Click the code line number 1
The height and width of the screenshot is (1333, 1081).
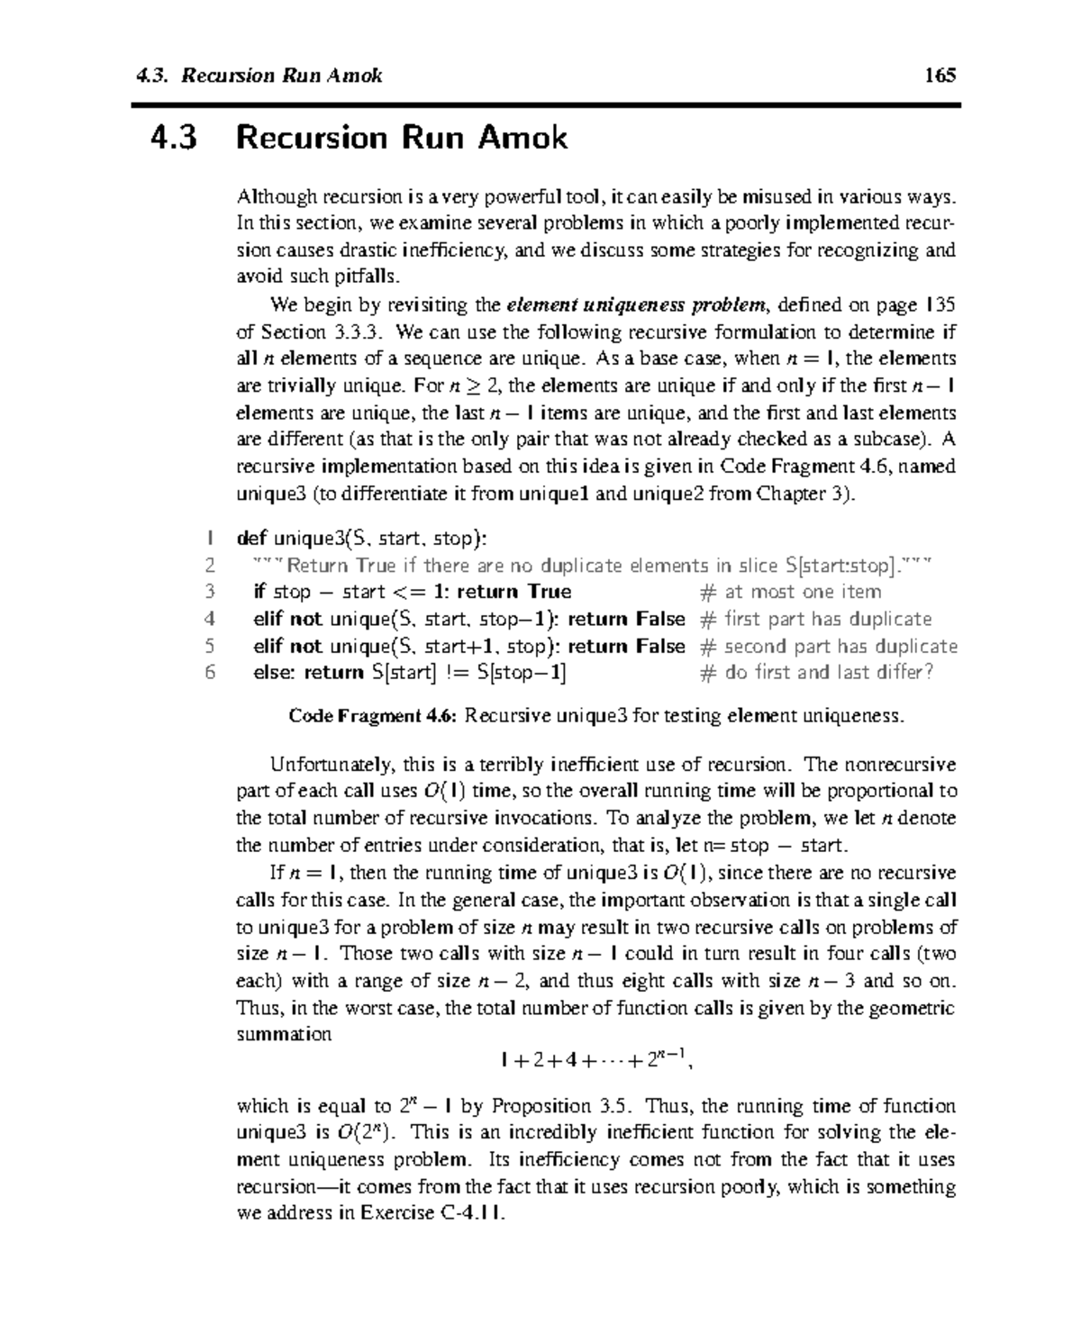(x=208, y=539)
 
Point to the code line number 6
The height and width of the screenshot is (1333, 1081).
(x=209, y=672)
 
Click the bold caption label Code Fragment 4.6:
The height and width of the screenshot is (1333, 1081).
(x=374, y=716)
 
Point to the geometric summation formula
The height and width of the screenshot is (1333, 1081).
(x=595, y=1060)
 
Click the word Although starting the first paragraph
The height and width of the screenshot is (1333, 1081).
(x=277, y=196)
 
